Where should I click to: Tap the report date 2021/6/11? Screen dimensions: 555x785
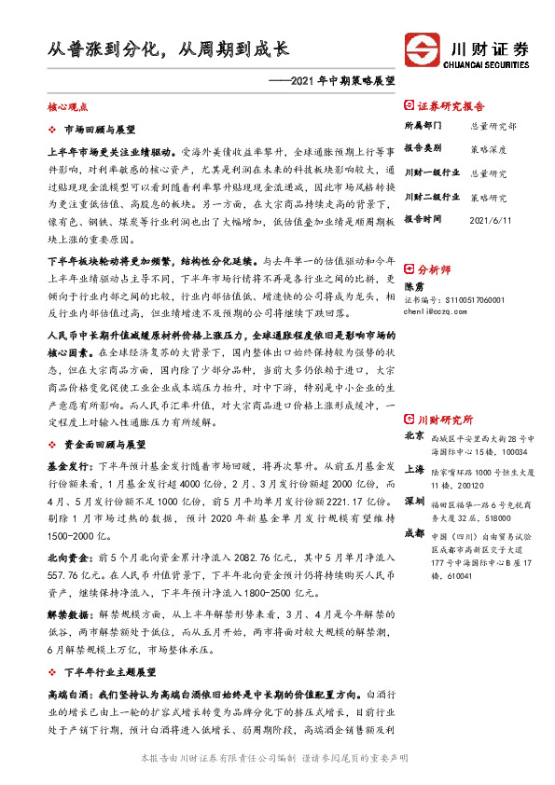pos(488,221)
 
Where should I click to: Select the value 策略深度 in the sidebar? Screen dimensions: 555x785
pos(488,148)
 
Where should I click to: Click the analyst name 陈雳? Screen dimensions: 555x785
pos(412,286)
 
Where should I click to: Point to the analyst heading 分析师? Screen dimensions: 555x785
pos(434,267)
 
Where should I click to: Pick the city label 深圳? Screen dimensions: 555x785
pos(414,475)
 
